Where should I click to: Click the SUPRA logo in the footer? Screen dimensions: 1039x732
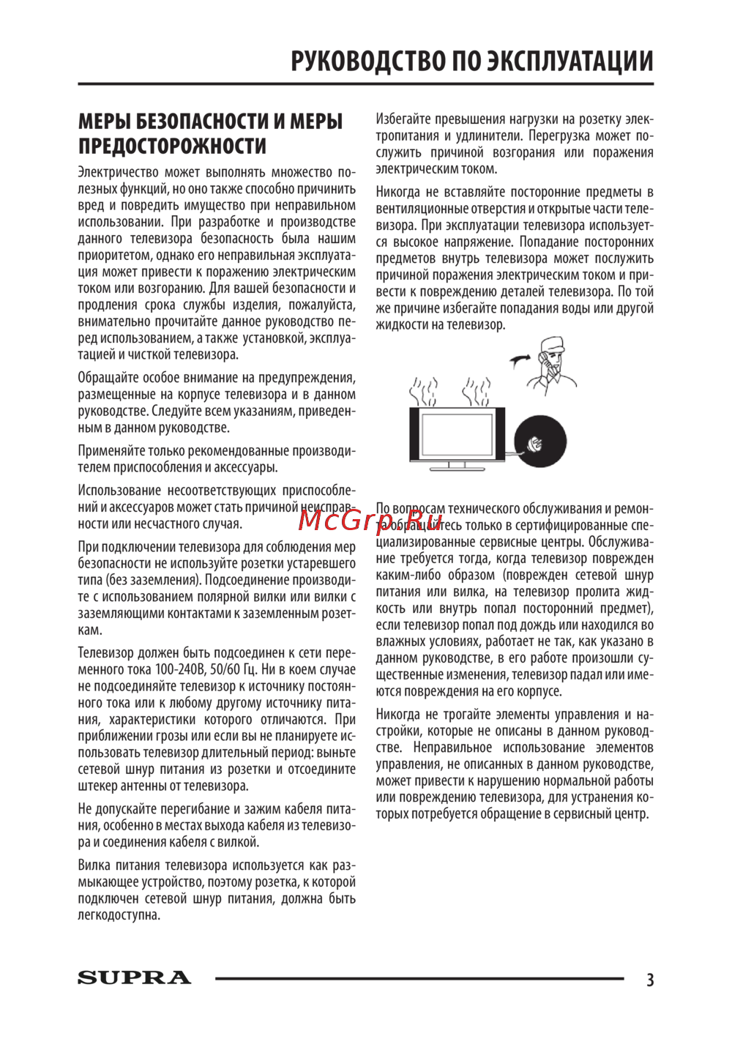[135, 977]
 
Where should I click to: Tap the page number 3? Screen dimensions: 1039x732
[649, 979]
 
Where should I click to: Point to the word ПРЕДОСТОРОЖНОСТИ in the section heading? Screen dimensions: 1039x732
[173, 146]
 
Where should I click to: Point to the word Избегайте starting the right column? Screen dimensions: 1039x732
[402, 119]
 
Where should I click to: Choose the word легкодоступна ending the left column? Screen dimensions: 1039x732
[119, 915]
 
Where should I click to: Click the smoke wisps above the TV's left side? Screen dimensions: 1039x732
[424, 391]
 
